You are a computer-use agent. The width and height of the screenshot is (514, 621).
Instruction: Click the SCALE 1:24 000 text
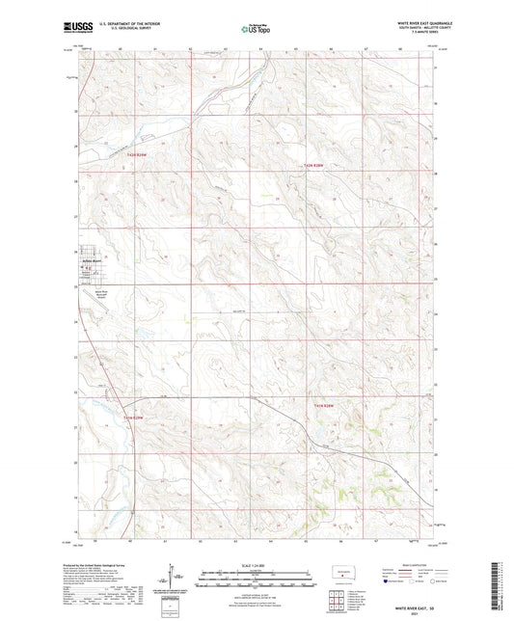click(257, 563)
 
